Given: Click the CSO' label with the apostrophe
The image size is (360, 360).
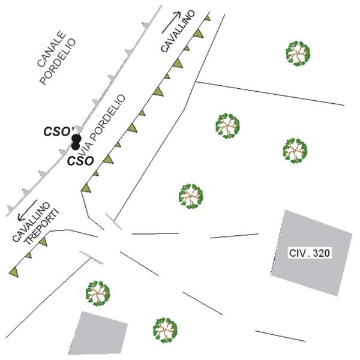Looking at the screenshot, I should tap(59, 131).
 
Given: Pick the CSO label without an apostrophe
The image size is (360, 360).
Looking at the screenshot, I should tap(80, 161).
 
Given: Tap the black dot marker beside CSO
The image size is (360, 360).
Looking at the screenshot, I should tap(76, 145).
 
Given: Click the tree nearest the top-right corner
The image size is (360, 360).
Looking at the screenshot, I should tap(298, 53).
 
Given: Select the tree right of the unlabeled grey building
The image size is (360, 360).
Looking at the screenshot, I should tap(164, 329).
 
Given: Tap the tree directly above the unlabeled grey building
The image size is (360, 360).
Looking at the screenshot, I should tap(98, 292).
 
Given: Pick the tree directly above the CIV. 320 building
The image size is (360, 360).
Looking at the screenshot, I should tap(295, 150).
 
